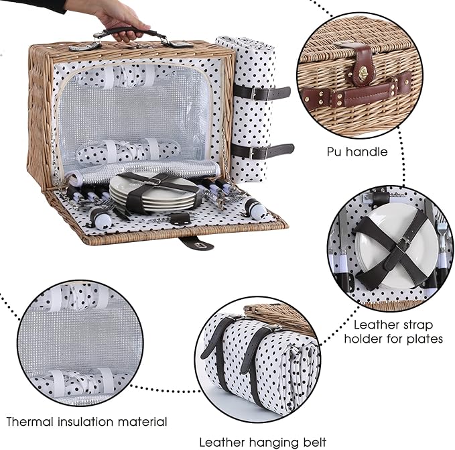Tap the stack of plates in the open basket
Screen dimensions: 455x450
pos(154,193)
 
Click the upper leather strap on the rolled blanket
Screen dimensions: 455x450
pos(262,93)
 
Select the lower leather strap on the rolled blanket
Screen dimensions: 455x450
pos(263,151)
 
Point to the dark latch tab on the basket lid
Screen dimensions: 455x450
pos(196,243)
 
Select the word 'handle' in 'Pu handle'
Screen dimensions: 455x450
pos(367,152)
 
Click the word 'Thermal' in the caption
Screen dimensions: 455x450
pos(30,422)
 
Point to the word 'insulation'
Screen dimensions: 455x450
pos(86,422)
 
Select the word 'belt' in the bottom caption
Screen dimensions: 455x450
pos(314,443)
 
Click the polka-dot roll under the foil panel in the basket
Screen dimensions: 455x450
pos(128,150)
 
